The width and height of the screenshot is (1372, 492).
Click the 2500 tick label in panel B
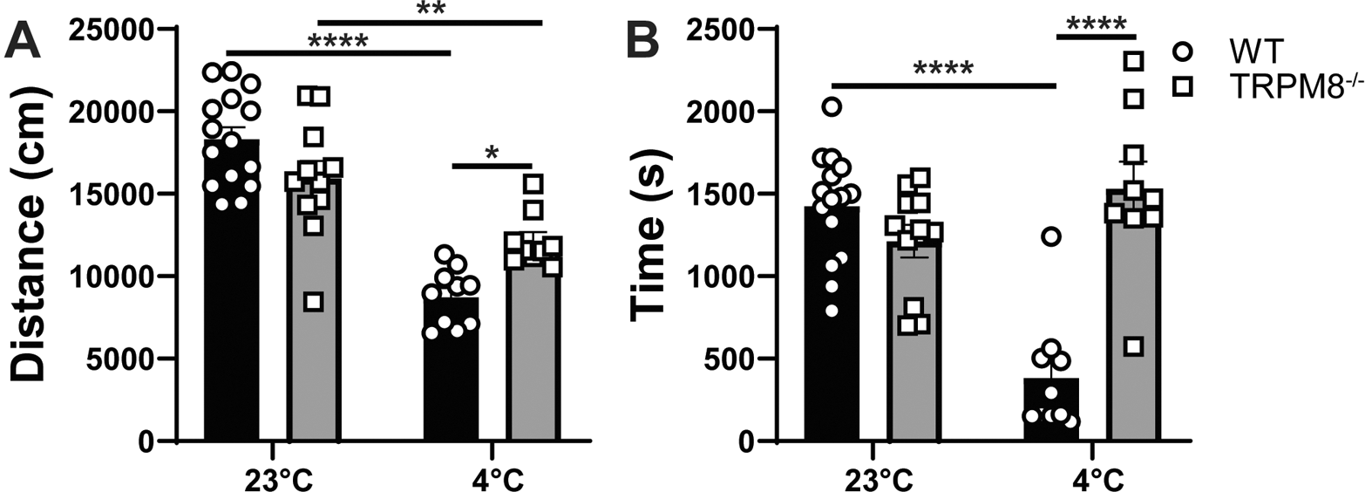tap(723, 30)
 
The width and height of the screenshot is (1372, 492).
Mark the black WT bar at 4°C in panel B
tap(1049, 409)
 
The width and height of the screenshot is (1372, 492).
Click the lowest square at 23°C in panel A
tap(314, 303)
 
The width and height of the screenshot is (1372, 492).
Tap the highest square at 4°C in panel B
tap(1132, 61)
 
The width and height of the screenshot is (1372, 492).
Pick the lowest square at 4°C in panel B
tap(1132, 346)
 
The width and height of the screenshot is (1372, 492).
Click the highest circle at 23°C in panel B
tap(832, 107)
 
